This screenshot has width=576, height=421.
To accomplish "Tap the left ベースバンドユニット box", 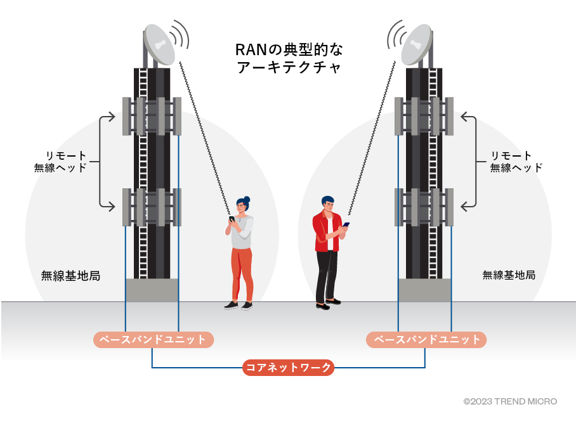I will coord(154,340).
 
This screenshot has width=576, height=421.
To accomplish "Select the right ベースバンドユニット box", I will coord(426,340).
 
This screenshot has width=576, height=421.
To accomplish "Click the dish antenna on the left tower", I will coord(159,44).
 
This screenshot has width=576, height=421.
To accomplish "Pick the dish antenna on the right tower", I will coord(417,44).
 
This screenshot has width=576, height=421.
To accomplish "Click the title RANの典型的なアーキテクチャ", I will coord(289,58).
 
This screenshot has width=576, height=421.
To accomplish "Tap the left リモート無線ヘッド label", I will coord(66,162).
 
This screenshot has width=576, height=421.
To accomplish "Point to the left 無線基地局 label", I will coord(70,276).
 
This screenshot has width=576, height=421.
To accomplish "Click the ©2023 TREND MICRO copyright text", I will coord(510,401).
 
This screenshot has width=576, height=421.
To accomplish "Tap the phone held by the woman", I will coord(232,219).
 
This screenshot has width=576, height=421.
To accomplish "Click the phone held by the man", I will coord(346,225).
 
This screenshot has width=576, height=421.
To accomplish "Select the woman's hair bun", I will coord(246,199).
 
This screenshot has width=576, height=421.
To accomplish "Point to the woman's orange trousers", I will coord(242,273).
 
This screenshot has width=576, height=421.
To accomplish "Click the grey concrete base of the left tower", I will coord(152,290).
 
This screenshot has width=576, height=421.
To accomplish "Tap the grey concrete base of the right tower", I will coord(424,290).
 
